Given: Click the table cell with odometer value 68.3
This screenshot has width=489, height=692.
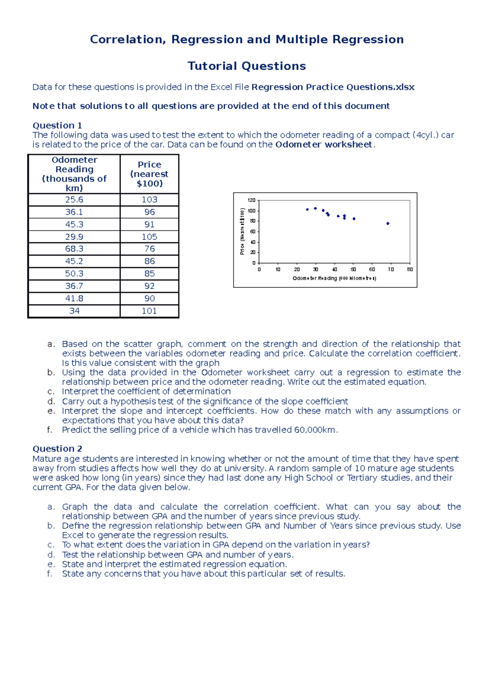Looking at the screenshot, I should pos(74,249).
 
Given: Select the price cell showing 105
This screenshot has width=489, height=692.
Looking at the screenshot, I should pos(149,237).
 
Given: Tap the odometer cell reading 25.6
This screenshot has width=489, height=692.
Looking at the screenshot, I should pos(74,200).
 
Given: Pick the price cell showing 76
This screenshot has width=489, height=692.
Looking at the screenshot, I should pos(149,249).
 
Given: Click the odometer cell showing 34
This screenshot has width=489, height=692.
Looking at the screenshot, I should pos(74,311).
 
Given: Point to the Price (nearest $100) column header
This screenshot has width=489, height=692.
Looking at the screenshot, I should pos(149,174).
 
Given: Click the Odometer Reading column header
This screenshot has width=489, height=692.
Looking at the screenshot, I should pos(74,174).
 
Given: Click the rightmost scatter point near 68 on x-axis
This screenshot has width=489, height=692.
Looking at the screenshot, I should pos(388,223).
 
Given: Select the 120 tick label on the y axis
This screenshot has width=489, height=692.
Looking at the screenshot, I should pos(251,200).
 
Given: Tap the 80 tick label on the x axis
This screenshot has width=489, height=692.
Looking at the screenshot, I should pos(410,269).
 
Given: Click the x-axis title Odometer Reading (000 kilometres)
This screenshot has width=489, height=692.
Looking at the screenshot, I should pos(334,278).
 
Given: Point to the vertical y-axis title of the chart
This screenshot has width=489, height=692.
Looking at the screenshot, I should pos(242,231).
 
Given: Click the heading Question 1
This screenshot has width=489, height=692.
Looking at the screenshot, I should pos(57,126).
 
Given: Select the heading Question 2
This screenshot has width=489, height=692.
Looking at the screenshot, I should pos(57,449).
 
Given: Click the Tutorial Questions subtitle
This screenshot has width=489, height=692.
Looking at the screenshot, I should pos(247,66).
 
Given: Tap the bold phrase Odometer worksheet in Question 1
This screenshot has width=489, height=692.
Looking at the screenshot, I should pos(324,145).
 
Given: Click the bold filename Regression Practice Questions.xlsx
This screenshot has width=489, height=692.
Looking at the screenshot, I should pos(333,87).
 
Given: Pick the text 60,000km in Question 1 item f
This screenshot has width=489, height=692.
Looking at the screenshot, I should pos(315,430).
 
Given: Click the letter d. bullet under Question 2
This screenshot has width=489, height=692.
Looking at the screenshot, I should pos(51,555).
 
